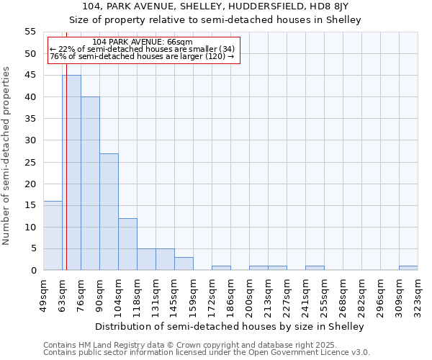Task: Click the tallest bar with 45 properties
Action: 71,173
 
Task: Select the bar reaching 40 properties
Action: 90,184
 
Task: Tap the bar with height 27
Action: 109,212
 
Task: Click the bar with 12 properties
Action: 127,244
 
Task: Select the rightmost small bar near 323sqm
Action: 408,268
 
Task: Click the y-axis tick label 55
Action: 30,32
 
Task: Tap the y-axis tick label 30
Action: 30,140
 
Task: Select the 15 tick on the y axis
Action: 30,205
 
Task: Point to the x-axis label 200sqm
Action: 249,293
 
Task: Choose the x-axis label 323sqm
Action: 418,293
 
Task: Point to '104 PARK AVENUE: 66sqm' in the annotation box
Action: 143,42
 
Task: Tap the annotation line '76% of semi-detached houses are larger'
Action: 142,56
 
